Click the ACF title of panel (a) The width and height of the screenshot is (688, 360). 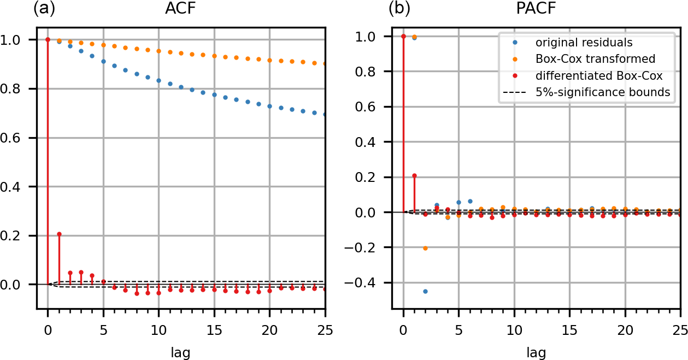click(181, 9)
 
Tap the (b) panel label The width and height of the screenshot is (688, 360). click(399, 9)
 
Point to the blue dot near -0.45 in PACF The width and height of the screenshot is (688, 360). click(425, 291)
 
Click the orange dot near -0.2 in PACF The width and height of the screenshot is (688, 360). click(425, 248)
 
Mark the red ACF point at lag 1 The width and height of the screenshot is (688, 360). click(59, 234)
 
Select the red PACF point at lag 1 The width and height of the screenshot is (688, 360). click(414, 175)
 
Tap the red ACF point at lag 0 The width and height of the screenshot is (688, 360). click(48, 39)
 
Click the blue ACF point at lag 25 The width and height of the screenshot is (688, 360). click(325, 115)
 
